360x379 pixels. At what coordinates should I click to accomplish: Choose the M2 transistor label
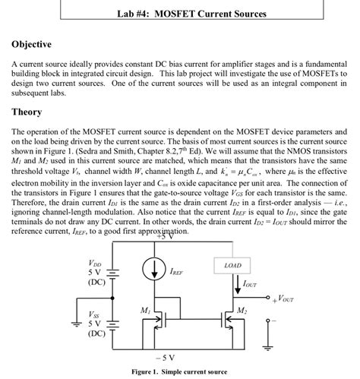242,311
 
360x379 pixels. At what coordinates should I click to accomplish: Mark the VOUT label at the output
283,298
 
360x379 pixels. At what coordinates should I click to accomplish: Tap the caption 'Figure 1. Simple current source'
178,371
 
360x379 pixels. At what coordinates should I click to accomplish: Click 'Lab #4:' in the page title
134,14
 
